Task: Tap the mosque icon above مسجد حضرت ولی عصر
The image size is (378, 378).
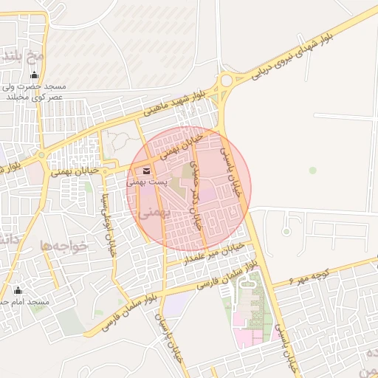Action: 34,75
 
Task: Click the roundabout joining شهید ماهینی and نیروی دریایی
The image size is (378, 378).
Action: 225,80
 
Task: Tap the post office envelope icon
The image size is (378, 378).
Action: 147,171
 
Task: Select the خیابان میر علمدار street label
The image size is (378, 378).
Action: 214,253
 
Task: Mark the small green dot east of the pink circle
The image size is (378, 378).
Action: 312,171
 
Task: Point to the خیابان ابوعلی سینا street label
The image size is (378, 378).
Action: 109,221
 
